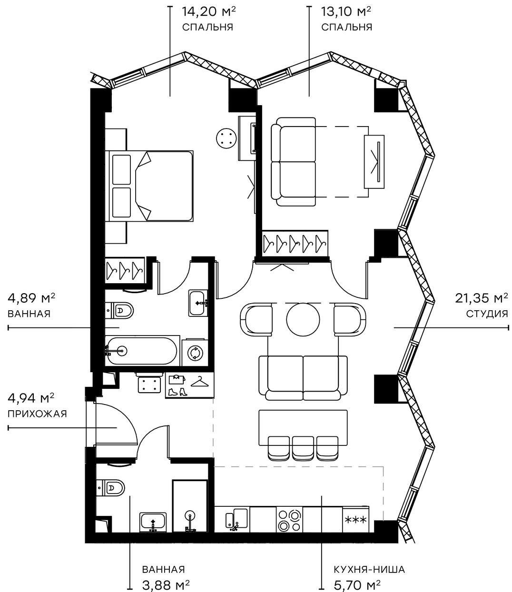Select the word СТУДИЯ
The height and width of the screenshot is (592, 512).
tap(487, 314)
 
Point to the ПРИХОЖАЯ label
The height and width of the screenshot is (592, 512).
tap(37, 414)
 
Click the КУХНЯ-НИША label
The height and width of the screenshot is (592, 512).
tap(370, 570)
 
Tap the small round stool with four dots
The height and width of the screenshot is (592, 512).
tap(226, 138)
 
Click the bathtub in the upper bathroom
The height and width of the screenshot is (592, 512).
tap(142, 351)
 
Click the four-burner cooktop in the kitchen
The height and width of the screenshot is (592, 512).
tap(289, 520)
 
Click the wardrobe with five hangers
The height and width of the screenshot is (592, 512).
tap(295, 244)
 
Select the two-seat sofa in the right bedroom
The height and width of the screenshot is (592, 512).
tap(293, 162)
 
